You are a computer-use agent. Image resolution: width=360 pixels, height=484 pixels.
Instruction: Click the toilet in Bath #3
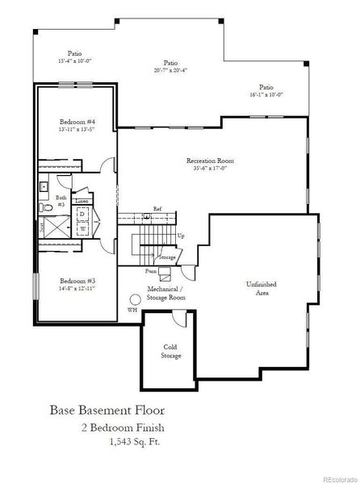pos(46,207)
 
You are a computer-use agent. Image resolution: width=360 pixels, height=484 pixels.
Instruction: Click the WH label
pos(132,311)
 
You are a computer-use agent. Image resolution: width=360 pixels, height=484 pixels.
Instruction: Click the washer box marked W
pos(82,228)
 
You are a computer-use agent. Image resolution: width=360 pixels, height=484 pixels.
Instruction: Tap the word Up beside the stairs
pos(180,236)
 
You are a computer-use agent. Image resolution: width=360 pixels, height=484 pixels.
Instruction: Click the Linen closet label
pos(82,202)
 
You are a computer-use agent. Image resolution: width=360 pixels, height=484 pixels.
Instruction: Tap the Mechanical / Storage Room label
pos(166,293)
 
